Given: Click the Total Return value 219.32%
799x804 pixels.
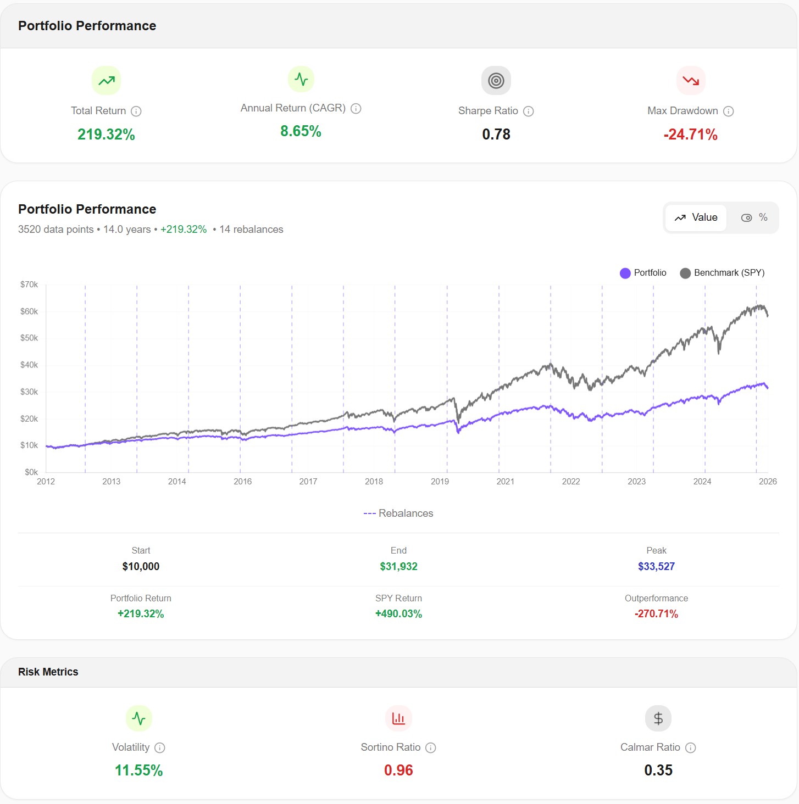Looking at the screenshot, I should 106,135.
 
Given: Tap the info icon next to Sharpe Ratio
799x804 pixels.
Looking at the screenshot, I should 528,111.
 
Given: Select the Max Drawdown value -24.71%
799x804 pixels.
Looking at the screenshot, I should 690,135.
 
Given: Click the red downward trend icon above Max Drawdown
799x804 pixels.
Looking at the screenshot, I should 690,81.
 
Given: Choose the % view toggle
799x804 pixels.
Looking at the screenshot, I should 754,217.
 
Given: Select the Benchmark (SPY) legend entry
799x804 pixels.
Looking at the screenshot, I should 722,273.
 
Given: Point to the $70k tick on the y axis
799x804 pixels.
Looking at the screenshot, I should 29,284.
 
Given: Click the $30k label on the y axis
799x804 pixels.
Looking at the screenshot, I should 29,392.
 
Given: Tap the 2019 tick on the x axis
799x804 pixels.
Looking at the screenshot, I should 440,482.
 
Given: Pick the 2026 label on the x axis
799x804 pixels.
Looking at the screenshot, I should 767,482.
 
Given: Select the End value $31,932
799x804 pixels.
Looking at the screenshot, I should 398,566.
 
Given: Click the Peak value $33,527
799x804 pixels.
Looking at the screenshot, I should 656,566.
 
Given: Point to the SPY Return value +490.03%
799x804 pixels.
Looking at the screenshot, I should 398,614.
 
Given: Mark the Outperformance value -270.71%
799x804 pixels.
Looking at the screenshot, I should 656,614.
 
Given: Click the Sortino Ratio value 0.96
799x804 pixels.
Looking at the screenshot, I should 398,771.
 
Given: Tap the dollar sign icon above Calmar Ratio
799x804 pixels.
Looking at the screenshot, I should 658,718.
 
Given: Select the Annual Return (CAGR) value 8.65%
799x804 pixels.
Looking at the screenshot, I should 301,131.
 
